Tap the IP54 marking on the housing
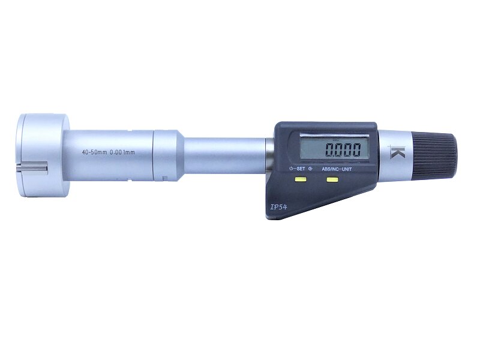coord(278,207)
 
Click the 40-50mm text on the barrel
coord(95,152)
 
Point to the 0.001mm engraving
coord(122,152)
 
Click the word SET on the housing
coord(300,169)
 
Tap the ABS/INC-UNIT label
coord(337,169)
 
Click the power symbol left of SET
coord(291,169)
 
